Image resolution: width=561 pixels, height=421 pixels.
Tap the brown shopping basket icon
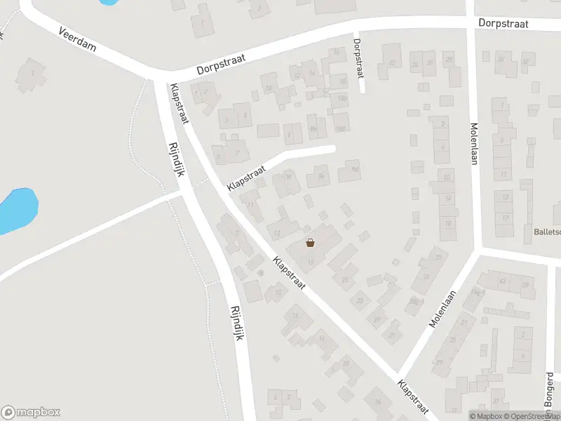pyautogui.click(x=310, y=243)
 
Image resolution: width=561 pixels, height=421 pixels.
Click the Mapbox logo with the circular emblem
pyautogui.click(x=31, y=413)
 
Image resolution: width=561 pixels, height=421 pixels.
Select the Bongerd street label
pyautogui.click(x=550, y=389)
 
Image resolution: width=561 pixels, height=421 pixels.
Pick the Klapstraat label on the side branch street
pyautogui.click(x=247, y=179)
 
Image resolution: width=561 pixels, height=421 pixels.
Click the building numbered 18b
pyautogui.click(x=342, y=99)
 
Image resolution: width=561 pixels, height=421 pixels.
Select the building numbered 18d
pyautogui.click(x=342, y=128)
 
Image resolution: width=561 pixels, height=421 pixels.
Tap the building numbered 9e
pyautogui.click(x=320, y=175)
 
